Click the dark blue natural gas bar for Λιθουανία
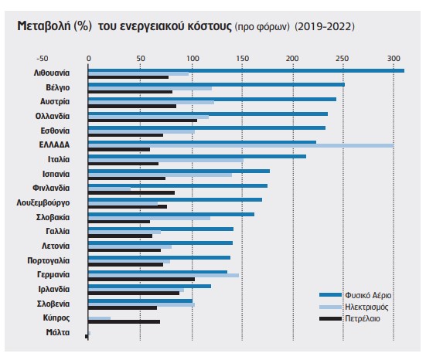[246, 70]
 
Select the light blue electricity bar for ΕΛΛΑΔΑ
[241, 146]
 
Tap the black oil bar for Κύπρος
[124, 321]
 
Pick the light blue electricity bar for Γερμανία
[164, 275]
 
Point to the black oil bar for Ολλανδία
[142, 121]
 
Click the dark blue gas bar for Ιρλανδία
[150, 286]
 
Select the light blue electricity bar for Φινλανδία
[110, 188]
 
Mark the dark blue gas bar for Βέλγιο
[216, 85]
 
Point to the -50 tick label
[43, 59]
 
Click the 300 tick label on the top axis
[394, 59]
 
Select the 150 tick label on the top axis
[242, 59]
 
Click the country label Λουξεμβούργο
[43, 203]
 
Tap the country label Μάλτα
[58, 332]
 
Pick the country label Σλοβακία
[53, 217]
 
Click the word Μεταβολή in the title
[44, 26]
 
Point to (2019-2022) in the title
[325, 26]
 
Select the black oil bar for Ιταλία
[124, 164]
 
